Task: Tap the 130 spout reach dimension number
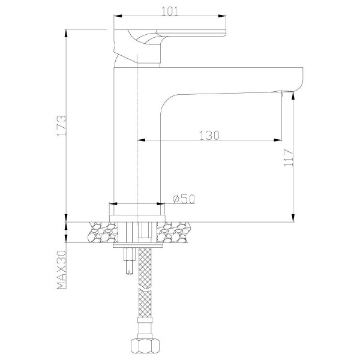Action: coord(209,135)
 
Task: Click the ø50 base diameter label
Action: coord(184,199)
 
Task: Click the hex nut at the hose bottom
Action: coord(145,346)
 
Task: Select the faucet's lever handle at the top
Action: coord(174,33)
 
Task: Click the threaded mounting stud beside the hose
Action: coord(127,261)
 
